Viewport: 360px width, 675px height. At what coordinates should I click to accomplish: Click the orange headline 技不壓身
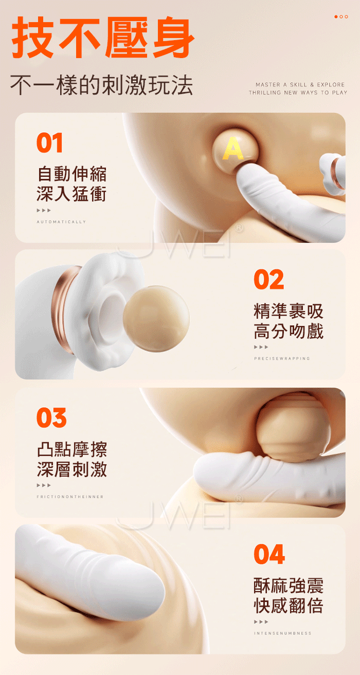[x=103, y=37]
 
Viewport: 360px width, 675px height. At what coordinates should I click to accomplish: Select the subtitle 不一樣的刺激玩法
[x=102, y=85]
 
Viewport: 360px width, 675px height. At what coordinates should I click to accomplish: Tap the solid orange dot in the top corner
[x=336, y=16]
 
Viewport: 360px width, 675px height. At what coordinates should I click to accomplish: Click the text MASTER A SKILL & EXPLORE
[x=300, y=85]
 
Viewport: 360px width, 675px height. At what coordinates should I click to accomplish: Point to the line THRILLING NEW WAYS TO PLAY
[x=298, y=93]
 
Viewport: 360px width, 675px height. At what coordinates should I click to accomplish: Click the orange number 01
[x=50, y=142]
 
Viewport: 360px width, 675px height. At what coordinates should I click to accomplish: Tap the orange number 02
[x=269, y=279]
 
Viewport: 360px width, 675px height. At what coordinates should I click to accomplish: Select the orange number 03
[x=51, y=417]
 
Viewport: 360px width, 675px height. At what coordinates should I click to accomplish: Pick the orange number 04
[x=269, y=554]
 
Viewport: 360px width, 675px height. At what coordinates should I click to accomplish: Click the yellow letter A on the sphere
[x=233, y=148]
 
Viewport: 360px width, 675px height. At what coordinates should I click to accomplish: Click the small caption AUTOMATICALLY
[x=61, y=222]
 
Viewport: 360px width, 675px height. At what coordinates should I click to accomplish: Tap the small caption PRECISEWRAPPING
[x=282, y=358]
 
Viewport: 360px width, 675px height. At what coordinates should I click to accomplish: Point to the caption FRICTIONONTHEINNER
[x=70, y=497]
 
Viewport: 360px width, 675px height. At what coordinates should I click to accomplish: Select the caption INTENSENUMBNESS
[x=282, y=633]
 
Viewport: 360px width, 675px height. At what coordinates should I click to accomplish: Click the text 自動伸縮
[x=72, y=174]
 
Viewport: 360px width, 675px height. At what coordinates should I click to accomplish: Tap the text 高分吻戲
[x=289, y=331]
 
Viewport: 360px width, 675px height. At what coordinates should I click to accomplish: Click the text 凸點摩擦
[x=72, y=449]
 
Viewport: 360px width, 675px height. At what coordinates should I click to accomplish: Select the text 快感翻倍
[x=289, y=606]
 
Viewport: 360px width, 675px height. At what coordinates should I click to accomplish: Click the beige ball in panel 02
[x=156, y=319]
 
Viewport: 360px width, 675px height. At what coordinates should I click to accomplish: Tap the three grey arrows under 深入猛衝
[x=44, y=210]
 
